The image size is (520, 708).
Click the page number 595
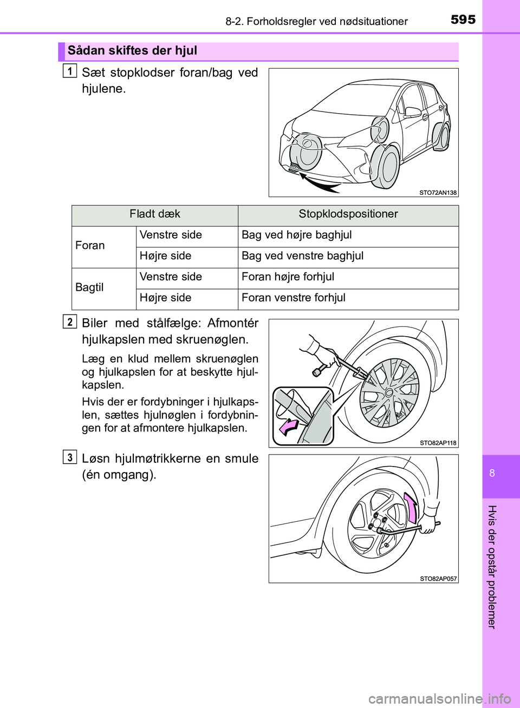point(463,20)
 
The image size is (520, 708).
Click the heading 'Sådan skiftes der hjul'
point(132,51)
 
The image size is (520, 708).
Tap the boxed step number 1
point(69,70)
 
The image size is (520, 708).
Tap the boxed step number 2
point(69,322)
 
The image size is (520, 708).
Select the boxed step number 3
point(69,457)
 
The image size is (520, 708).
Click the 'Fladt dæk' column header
point(154,214)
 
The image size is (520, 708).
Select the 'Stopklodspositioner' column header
point(348,214)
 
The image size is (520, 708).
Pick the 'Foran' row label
point(90,246)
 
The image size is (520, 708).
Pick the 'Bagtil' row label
point(89,287)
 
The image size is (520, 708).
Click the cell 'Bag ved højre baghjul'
point(296,235)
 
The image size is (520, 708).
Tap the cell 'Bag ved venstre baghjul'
point(302,256)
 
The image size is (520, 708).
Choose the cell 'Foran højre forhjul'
point(288,277)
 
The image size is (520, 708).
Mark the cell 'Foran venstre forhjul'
point(293,298)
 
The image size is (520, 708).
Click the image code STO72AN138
point(438,193)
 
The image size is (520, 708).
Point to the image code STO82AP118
point(438,443)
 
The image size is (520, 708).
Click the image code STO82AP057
point(438,579)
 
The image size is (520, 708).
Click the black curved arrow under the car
point(320,183)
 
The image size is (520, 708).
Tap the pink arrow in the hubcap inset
point(289,428)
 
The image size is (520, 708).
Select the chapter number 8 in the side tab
point(492,473)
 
